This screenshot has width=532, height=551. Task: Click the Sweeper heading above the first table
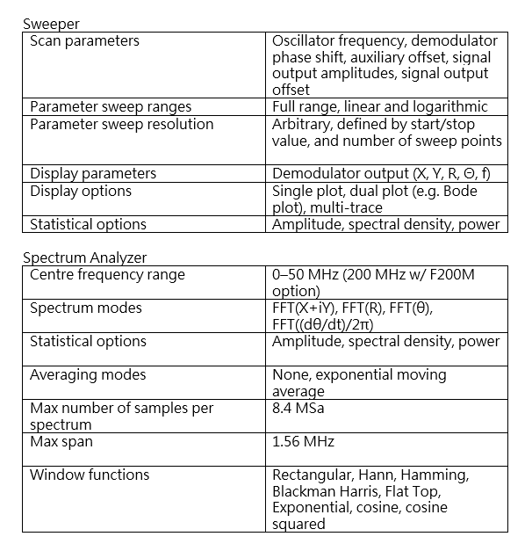(50, 25)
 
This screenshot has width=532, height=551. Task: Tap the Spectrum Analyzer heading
(84, 257)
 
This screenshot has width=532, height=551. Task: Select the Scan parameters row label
(84, 40)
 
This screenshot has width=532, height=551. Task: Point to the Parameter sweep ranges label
(110, 107)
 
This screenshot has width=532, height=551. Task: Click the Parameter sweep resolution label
(121, 124)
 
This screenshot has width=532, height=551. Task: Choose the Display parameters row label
(93, 174)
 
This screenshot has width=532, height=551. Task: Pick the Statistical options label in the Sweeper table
(88, 224)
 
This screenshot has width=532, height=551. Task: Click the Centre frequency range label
(107, 275)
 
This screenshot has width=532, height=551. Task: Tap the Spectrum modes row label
(85, 308)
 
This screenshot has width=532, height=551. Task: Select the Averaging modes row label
(88, 375)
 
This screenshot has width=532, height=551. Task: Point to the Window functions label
(90, 475)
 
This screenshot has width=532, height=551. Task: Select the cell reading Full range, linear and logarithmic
(379, 107)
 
